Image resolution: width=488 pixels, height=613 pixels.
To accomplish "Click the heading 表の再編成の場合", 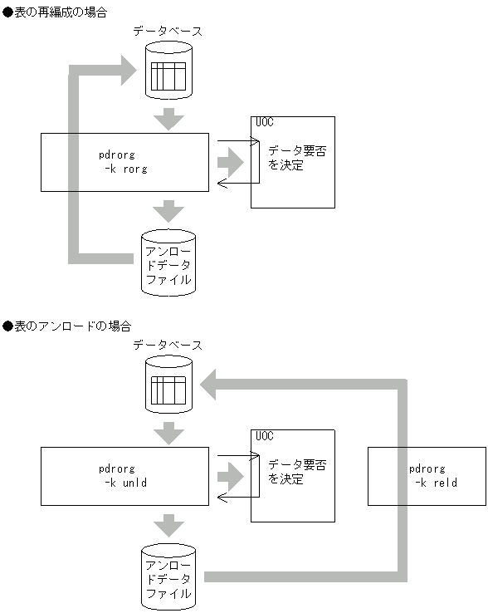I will click(60, 13).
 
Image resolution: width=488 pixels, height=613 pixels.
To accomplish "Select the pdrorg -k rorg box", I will click(124, 162).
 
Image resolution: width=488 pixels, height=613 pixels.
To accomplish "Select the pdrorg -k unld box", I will click(124, 476).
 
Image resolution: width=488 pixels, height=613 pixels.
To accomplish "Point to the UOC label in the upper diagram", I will click(265, 123).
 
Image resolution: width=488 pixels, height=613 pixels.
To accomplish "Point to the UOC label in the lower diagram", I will click(265, 436).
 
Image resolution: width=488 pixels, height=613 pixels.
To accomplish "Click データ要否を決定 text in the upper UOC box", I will click(291, 158).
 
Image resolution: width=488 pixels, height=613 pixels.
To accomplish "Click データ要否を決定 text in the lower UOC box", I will click(291, 472).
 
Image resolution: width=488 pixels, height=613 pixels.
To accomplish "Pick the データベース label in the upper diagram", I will click(168, 31).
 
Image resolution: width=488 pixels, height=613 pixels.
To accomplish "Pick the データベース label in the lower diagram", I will click(168, 345).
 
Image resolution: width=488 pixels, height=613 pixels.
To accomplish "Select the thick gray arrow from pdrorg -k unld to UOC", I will click(232, 476).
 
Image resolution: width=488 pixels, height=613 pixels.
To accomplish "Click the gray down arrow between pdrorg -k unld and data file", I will click(168, 525).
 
